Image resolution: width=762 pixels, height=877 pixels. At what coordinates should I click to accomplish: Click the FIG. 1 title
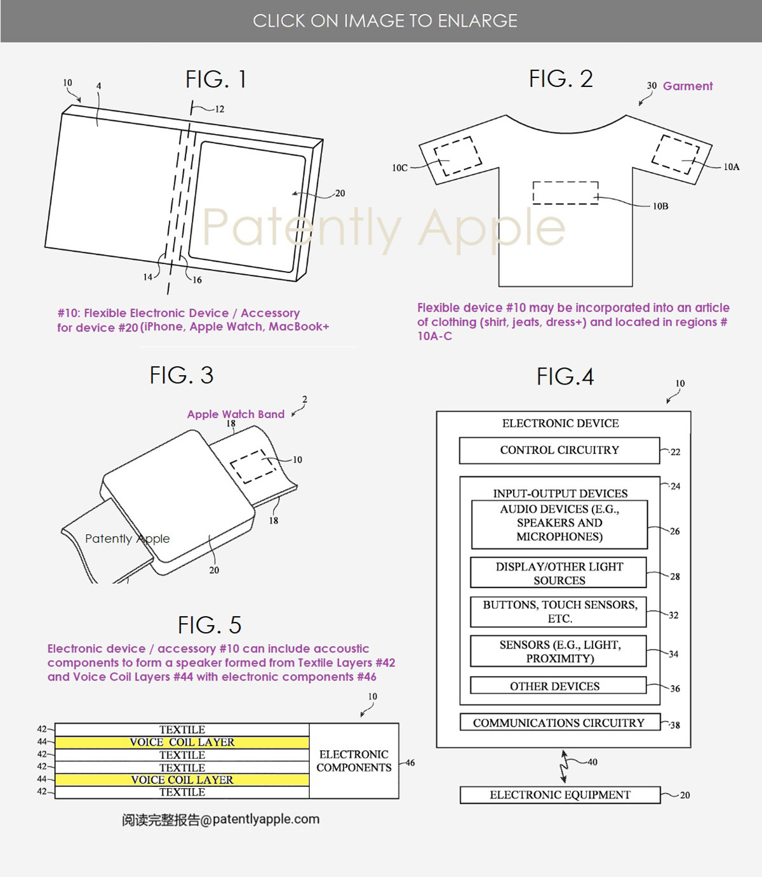(x=216, y=79)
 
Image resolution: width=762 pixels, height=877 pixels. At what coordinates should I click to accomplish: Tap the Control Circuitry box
(x=559, y=450)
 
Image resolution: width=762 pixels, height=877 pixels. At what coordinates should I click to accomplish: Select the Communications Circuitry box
(x=559, y=722)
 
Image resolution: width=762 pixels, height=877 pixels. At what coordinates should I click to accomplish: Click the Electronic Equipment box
(x=559, y=795)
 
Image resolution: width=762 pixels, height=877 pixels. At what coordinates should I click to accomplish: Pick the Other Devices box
(x=558, y=685)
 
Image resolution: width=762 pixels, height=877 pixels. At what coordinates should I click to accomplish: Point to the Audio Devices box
(x=559, y=524)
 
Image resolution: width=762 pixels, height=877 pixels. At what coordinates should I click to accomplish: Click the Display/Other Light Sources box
(x=558, y=572)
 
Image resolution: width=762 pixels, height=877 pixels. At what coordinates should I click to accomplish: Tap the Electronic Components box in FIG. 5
(x=354, y=761)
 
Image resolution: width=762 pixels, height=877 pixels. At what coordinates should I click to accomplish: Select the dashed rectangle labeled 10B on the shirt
(x=565, y=193)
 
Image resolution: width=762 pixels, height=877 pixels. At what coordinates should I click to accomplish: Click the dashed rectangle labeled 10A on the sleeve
(x=676, y=155)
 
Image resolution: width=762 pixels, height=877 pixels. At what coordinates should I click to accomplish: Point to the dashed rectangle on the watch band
(x=253, y=466)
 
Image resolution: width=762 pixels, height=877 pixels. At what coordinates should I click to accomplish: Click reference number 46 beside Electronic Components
(x=410, y=763)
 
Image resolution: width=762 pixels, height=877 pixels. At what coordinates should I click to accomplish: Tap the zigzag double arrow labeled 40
(x=565, y=767)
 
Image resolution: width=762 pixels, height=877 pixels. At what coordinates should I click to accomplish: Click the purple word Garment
(x=687, y=86)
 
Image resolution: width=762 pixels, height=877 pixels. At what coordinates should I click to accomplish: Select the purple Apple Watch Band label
(x=236, y=414)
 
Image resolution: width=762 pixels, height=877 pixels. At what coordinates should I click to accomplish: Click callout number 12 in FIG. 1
(x=220, y=109)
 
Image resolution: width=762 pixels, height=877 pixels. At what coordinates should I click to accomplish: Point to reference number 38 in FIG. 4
(x=675, y=725)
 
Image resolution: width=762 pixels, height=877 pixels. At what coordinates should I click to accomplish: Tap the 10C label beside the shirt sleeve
(x=399, y=168)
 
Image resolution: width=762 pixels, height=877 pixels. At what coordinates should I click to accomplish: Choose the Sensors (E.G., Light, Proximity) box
(x=558, y=651)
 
